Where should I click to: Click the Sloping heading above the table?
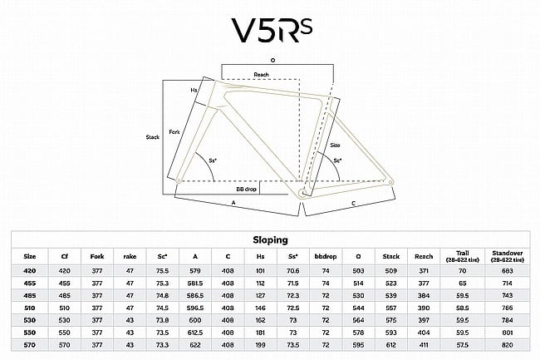pos(269,239)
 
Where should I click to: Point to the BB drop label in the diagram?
pos(248,190)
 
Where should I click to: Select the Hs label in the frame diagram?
pos(194,90)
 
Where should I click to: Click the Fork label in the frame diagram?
pos(174,131)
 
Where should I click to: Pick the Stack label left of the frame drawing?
pos(152,136)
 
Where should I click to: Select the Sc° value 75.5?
pos(164,270)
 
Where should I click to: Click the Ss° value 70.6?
pos(292,270)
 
